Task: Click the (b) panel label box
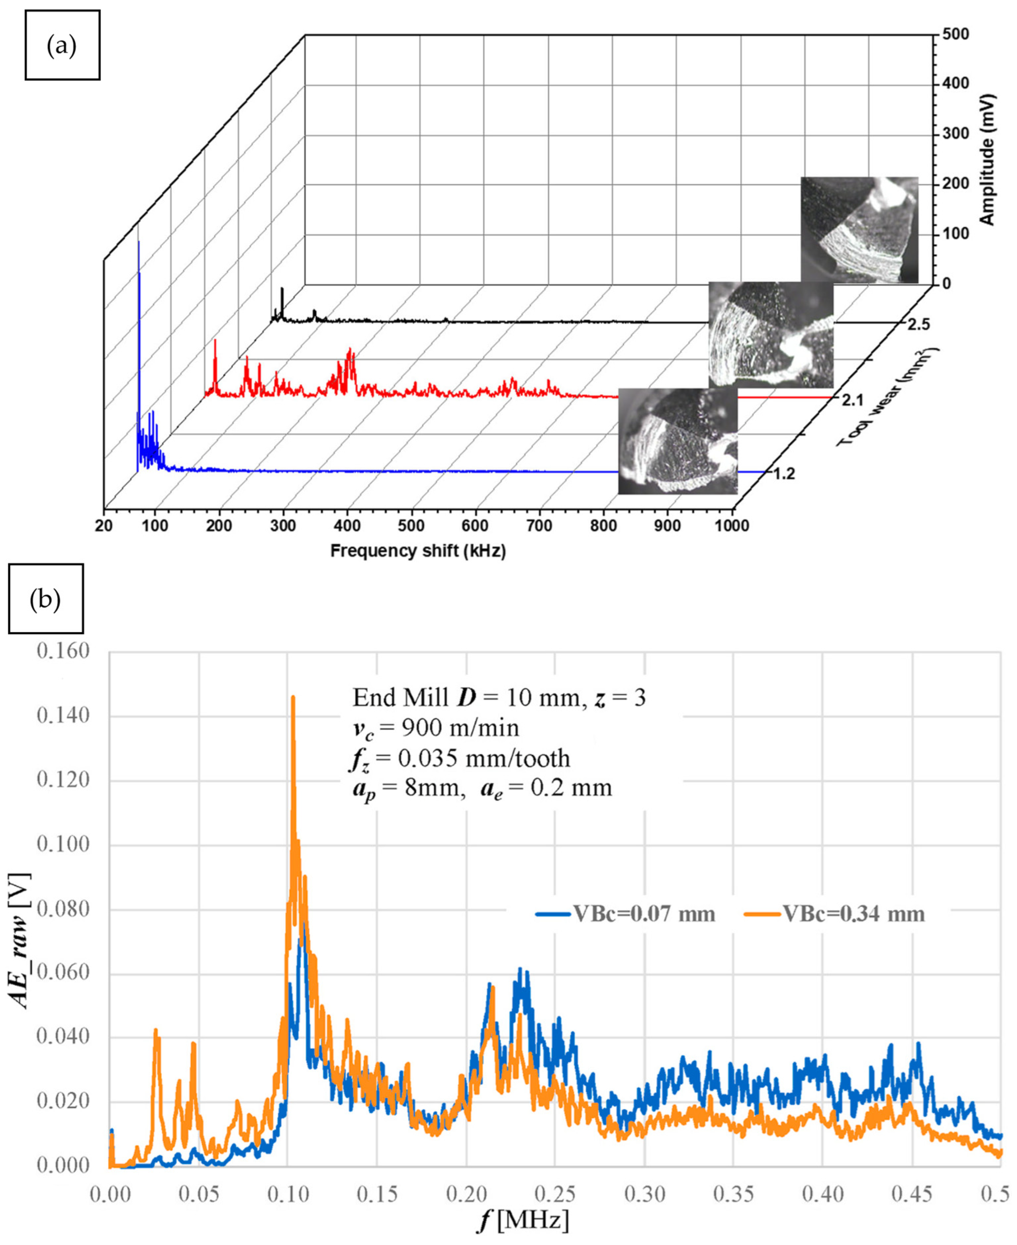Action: point(46,598)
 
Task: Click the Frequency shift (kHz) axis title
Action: point(418,551)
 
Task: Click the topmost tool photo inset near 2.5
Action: point(859,230)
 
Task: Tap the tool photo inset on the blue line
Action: point(678,441)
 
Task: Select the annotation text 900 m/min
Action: point(460,728)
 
